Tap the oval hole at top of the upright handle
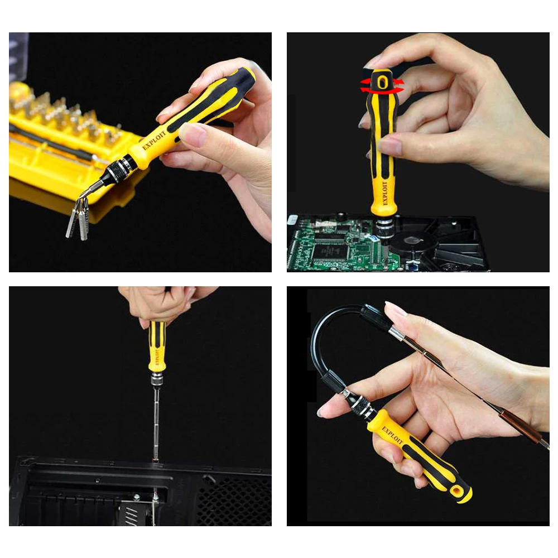coord(382,82)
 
